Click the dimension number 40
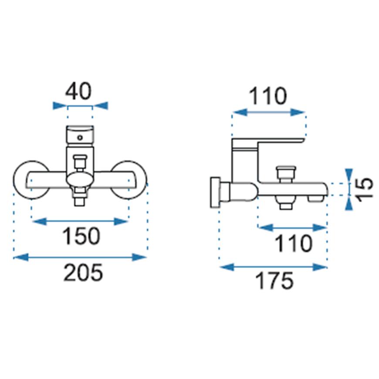point(78,91)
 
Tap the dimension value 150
point(81,236)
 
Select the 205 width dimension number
point(83,272)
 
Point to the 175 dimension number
point(274,281)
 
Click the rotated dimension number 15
point(365,189)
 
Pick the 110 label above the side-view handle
point(267,96)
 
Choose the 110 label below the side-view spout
point(294,244)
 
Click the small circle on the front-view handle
point(80,138)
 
